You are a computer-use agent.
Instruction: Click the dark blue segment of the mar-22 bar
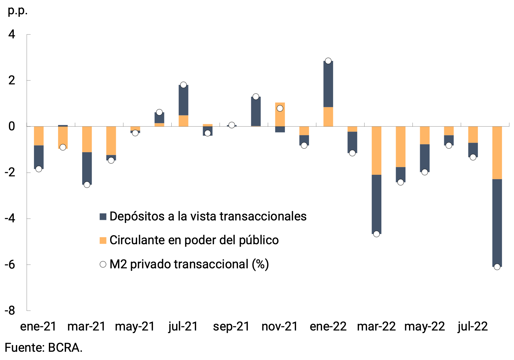376,204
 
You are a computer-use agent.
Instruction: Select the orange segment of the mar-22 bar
376,150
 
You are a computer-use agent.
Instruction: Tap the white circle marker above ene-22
328,61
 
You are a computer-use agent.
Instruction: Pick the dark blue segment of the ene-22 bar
328,84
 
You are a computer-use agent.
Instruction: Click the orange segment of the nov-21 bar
280,115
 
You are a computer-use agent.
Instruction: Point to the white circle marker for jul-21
183,85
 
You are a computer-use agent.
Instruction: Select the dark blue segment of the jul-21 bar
183,100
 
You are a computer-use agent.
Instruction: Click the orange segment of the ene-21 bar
39,136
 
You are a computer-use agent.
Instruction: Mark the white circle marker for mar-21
87,185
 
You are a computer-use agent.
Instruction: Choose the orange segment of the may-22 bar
425,135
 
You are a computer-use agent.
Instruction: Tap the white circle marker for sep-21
232,125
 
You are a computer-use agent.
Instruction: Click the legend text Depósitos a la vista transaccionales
208,216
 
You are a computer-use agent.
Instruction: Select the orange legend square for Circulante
103,240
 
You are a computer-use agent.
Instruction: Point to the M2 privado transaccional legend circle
103,264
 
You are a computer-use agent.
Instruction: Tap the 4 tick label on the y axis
12,34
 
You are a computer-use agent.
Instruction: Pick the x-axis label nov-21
280,326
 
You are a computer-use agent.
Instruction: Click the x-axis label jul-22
472,326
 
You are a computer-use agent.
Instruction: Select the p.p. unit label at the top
17,11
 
